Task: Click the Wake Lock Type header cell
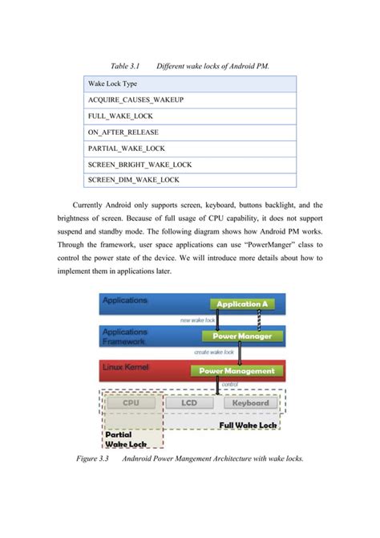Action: click(112, 83)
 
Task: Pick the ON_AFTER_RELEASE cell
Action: click(123, 132)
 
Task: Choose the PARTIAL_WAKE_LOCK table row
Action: click(126, 148)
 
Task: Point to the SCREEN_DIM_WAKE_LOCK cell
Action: click(133, 180)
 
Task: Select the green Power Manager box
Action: click(237, 336)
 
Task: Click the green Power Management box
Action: click(236, 371)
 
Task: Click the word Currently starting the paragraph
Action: click(91, 205)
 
